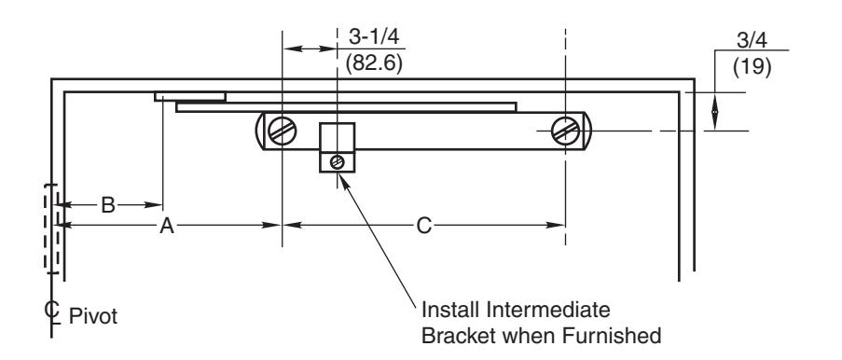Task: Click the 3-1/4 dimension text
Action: coord(374,36)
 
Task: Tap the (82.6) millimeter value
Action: coord(374,63)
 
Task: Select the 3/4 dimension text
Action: coord(752,40)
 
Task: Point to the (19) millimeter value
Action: coord(752,67)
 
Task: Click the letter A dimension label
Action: coord(167,227)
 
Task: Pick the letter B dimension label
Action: coord(108,205)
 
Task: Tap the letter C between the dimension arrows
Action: coord(423,227)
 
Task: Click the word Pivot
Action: coord(93,316)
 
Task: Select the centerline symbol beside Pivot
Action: coord(52,312)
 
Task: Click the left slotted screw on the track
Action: coord(283,132)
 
